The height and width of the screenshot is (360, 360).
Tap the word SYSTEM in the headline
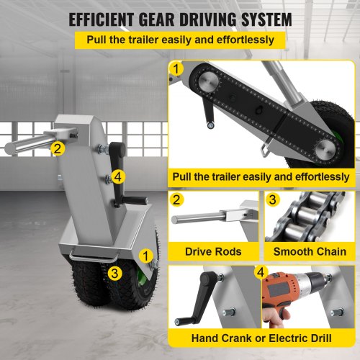click(266, 19)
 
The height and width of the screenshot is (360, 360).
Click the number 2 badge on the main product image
click(58, 148)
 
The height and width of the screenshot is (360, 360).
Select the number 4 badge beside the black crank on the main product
click(118, 177)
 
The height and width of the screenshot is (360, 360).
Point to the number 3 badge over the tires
click(114, 273)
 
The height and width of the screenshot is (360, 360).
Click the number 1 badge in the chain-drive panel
click(176, 69)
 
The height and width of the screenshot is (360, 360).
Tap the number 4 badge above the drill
click(261, 272)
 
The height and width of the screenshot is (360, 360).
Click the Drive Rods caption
click(213, 251)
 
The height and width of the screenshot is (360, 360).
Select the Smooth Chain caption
click(310, 251)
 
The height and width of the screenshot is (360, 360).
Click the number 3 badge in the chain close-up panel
click(273, 199)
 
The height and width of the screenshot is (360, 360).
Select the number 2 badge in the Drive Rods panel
click(176, 199)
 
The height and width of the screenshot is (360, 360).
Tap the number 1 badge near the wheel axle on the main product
click(145, 256)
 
